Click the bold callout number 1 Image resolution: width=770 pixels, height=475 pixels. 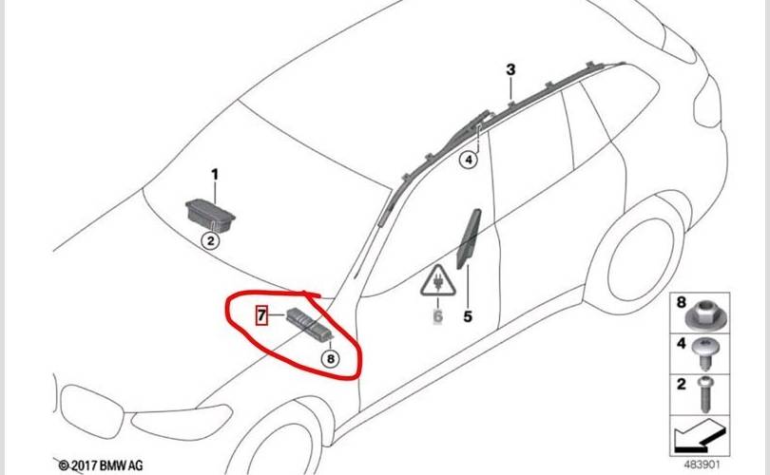tap(215, 175)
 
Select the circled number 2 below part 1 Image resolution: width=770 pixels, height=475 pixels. tap(211, 241)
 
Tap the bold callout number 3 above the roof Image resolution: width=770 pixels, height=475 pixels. tap(510, 69)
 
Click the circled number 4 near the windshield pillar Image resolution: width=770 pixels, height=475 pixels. tap(469, 160)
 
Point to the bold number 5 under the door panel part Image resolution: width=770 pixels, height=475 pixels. tap(468, 316)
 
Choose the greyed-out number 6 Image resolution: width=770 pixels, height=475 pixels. tap(437, 316)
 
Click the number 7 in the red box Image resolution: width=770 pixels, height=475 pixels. tap(262, 315)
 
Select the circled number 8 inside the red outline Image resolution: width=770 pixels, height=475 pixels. tap(331, 359)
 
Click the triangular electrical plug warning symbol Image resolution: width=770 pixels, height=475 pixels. tap(437, 281)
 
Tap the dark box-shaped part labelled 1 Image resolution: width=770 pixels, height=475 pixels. tap(210, 215)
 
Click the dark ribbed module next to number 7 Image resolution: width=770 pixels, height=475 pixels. tap(310, 324)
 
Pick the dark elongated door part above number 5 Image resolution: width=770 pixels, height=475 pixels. tap(469, 239)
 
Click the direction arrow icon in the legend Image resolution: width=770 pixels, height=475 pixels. tap(699, 435)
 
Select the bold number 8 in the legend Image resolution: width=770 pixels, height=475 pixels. tap(681, 302)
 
